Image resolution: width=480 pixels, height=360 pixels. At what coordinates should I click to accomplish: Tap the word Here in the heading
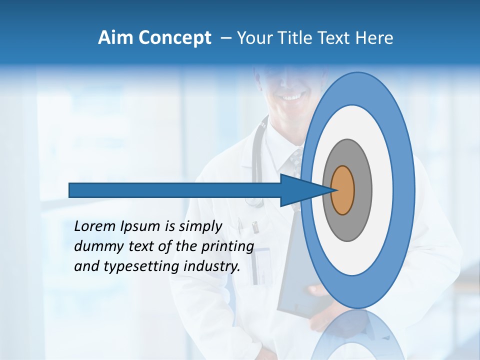click(x=374, y=38)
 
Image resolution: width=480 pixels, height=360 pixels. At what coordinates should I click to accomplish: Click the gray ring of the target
click(x=362, y=190)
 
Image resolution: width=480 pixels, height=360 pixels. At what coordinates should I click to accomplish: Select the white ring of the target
click(x=382, y=190)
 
